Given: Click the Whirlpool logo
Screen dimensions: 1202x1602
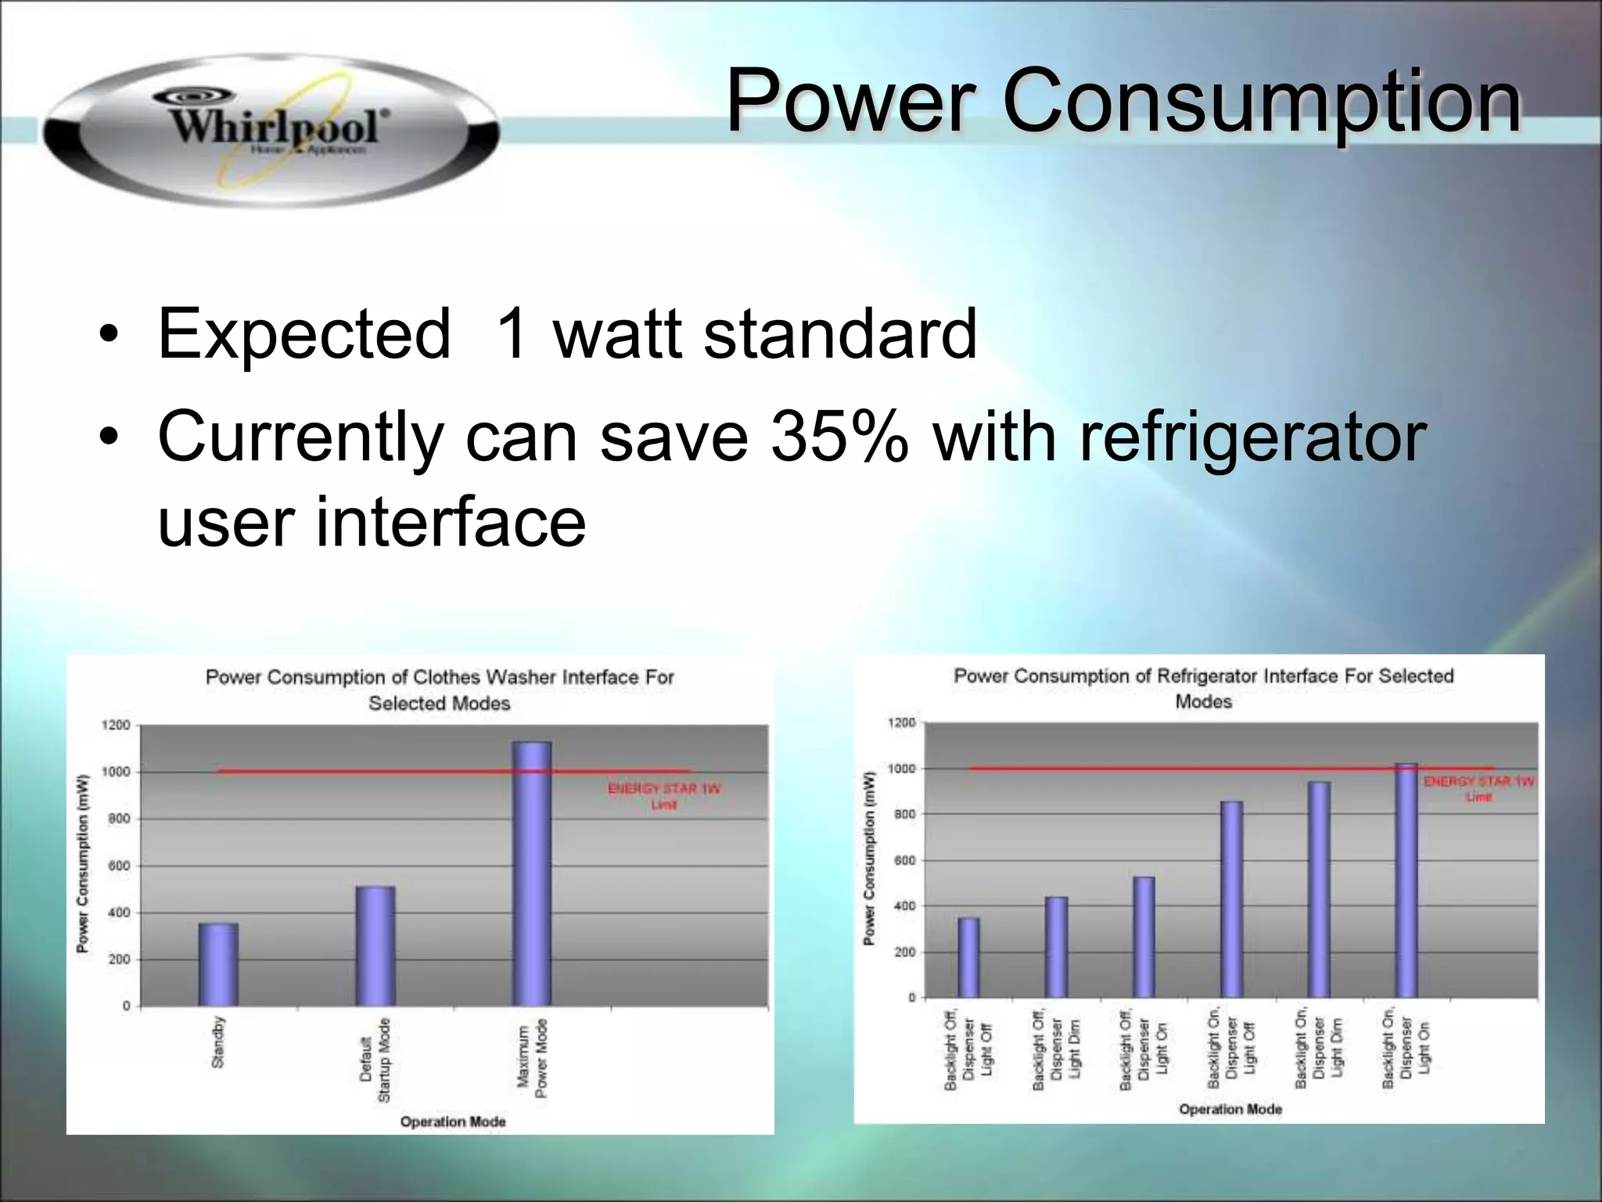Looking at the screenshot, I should (270, 129).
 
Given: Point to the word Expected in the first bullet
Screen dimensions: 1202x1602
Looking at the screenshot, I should (304, 334).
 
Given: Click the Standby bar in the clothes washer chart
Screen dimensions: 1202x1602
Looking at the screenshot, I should (218, 964).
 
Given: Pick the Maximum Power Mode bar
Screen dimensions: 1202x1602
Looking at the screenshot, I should (532, 873).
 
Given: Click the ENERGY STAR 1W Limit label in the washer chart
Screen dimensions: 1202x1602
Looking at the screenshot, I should (664, 796).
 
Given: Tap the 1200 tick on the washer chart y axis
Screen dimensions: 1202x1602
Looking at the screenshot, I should (117, 725).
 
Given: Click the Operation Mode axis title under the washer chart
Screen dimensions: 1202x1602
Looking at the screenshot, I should (453, 1121).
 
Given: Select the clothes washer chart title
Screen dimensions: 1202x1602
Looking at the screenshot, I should (440, 689).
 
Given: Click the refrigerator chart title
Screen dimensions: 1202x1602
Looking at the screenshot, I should (1203, 688).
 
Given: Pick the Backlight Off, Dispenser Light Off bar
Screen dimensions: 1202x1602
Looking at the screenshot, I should (968, 958).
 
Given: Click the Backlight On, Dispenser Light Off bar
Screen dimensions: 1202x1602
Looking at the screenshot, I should (1230, 899).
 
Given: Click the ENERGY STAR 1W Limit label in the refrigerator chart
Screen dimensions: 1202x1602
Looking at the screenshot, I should (1478, 789).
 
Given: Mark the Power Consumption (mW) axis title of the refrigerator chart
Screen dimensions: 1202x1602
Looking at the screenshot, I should (869, 858).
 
